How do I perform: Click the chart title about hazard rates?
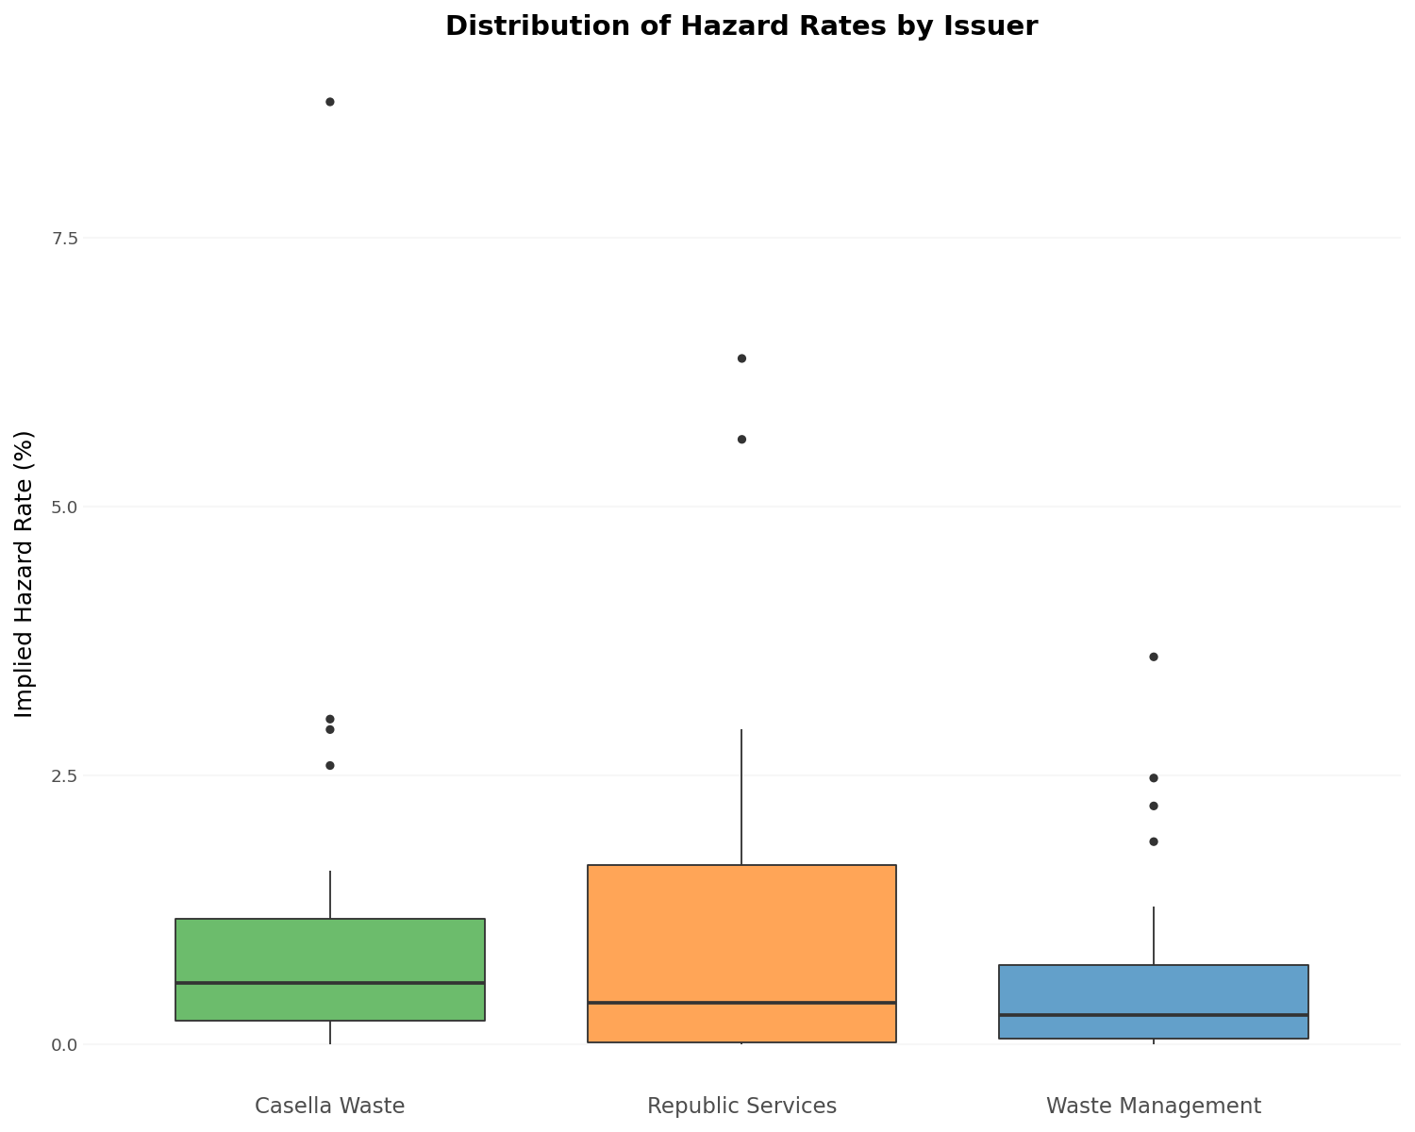[741, 26]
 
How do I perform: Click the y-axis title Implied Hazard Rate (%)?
[25, 574]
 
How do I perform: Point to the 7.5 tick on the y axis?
[64, 238]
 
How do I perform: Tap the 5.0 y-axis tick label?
[64, 507]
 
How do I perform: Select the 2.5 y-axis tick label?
[64, 775]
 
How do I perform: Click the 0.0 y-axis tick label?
[64, 1044]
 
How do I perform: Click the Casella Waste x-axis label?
[330, 1106]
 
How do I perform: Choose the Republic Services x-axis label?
[741, 1106]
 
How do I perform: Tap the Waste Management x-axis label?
[1153, 1106]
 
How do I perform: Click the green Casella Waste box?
[330, 953]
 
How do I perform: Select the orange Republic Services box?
[741, 934]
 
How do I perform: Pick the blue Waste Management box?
[1153, 990]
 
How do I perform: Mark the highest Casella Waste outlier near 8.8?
[330, 102]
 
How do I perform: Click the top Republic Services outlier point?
[741, 358]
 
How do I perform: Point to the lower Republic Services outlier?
[741, 440]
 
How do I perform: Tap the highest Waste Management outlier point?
[1153, 657]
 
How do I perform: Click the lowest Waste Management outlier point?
[1153, 841]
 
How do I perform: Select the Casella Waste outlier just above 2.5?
[330, 765]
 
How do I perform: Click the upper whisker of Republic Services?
[741, 797]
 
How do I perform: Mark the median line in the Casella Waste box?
[330, 983]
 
